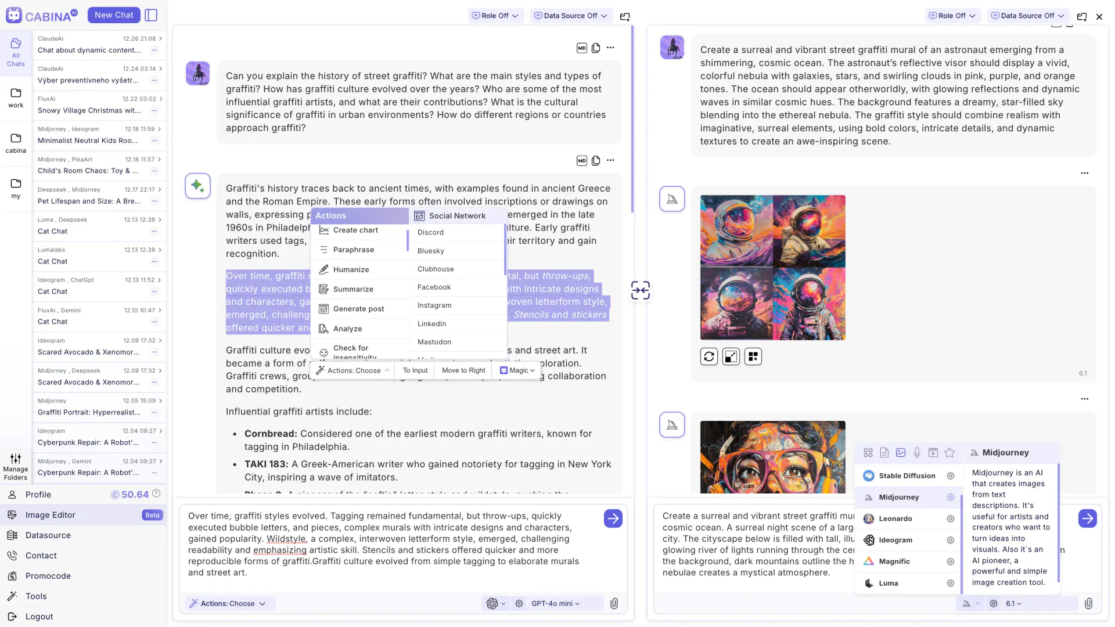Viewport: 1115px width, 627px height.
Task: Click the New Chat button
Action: pos(114,15)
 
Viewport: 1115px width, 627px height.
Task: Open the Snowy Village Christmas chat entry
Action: pos(89,110)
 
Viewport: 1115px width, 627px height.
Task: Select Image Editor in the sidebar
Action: pos(51,515)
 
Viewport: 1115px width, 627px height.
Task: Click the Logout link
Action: pos(39,617)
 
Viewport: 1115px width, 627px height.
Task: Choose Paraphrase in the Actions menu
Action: pos(353,250)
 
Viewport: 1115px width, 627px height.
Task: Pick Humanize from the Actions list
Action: pos(351,269)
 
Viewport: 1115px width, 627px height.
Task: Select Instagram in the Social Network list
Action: pos(434,305)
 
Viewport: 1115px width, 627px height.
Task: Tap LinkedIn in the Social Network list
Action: pos(431,324)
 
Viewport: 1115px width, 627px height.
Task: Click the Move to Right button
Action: pos(463,370)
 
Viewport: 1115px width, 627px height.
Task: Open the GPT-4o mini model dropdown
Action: pos(555,604)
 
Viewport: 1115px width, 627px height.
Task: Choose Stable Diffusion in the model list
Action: pos(907,476)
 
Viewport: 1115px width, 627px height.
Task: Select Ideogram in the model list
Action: pos(895,540)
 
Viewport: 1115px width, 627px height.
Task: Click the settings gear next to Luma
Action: pos(950,583)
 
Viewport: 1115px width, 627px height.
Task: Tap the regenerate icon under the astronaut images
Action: pos(708,356)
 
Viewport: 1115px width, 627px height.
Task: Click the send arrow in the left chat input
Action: pos(613,518)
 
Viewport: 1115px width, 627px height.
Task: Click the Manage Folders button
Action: pos(16,467)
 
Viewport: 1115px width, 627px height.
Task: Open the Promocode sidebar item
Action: pos(48,576)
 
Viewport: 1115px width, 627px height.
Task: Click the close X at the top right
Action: pos(1099,17)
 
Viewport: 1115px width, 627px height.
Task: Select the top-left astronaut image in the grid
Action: pos(736,231)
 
